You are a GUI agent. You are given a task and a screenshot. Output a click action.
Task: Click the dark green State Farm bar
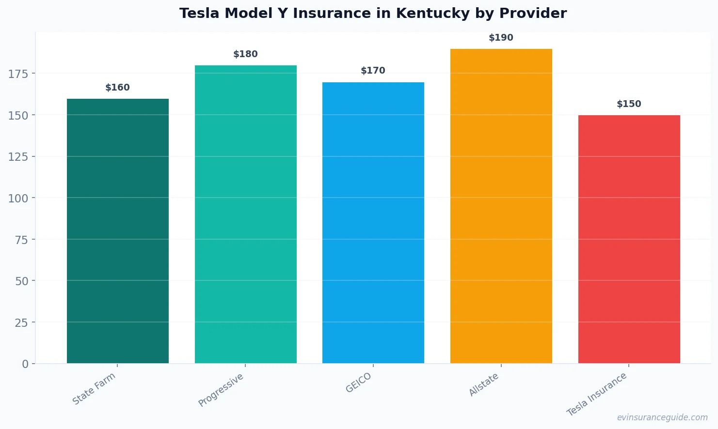tap(118, 231)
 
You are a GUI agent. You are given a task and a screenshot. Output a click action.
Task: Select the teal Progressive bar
tap(245, 214)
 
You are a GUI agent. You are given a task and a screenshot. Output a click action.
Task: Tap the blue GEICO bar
tap(373, 223)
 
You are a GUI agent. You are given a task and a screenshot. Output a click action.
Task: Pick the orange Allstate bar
tap(501, 206)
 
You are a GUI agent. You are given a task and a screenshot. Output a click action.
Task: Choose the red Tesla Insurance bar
tap(629, 239)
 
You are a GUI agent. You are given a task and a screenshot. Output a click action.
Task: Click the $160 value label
tap(118, 88)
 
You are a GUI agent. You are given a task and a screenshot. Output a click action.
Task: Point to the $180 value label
tap(245, 54)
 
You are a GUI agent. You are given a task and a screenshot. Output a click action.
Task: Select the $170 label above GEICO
tap(373, 71)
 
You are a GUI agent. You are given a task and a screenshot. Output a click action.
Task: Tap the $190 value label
tap(501, 38)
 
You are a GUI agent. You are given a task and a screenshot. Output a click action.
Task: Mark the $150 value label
tap(629, 104)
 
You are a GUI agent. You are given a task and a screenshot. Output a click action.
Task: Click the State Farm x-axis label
tap(94, 389)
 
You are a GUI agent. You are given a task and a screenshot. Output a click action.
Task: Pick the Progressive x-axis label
tap(221, 390)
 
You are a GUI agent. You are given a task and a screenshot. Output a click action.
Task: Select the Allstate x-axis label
tap(484, 385)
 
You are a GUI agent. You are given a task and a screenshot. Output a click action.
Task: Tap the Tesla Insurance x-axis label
tap(597, 394)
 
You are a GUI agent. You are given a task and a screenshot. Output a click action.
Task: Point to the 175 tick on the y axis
tap(18, 74)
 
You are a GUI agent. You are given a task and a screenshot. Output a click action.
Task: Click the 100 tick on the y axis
tap(18, 198)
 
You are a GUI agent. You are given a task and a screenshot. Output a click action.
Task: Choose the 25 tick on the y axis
tap(21, 322)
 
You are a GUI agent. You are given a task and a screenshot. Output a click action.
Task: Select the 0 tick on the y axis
tap(25, 364)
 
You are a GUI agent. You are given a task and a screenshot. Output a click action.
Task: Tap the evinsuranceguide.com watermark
tap(662, 417)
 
